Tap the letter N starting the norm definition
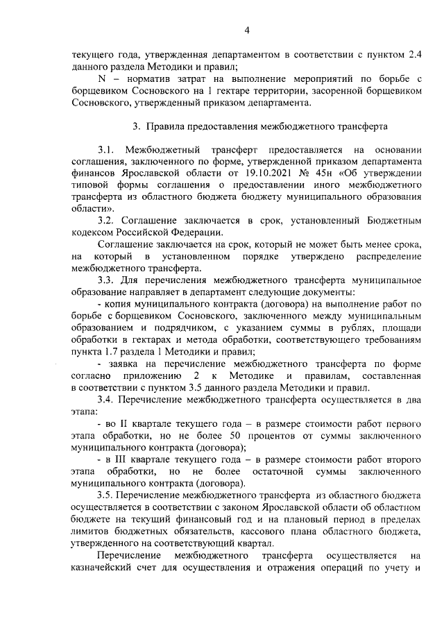[x=101, y=78]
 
